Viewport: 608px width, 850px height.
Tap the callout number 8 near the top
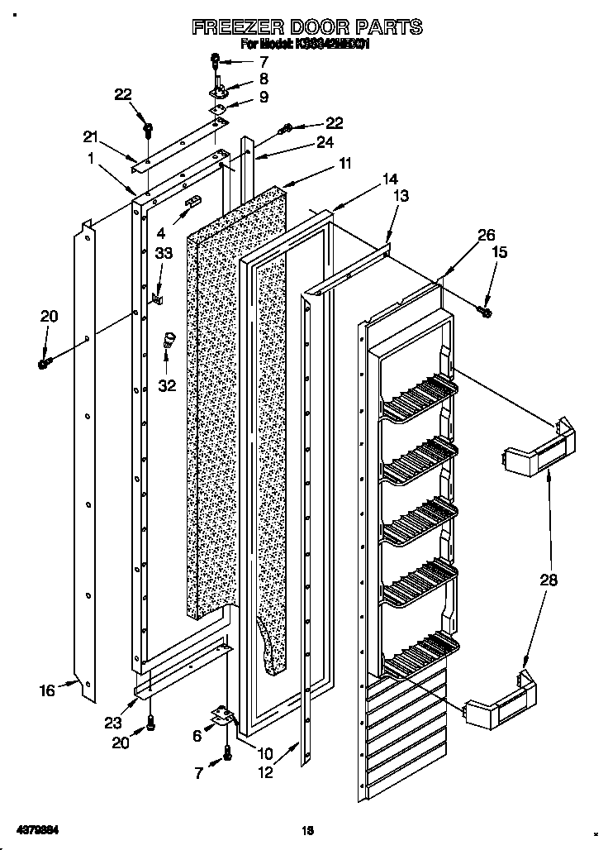264,79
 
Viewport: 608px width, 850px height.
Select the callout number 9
264,97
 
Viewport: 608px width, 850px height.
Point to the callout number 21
90,136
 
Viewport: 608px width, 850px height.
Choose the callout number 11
344,163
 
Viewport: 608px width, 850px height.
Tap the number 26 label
463,234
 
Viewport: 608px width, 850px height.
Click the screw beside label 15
486,311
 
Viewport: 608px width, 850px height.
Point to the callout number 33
164,255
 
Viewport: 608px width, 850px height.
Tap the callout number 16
48,690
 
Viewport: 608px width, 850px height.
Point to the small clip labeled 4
192,202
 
